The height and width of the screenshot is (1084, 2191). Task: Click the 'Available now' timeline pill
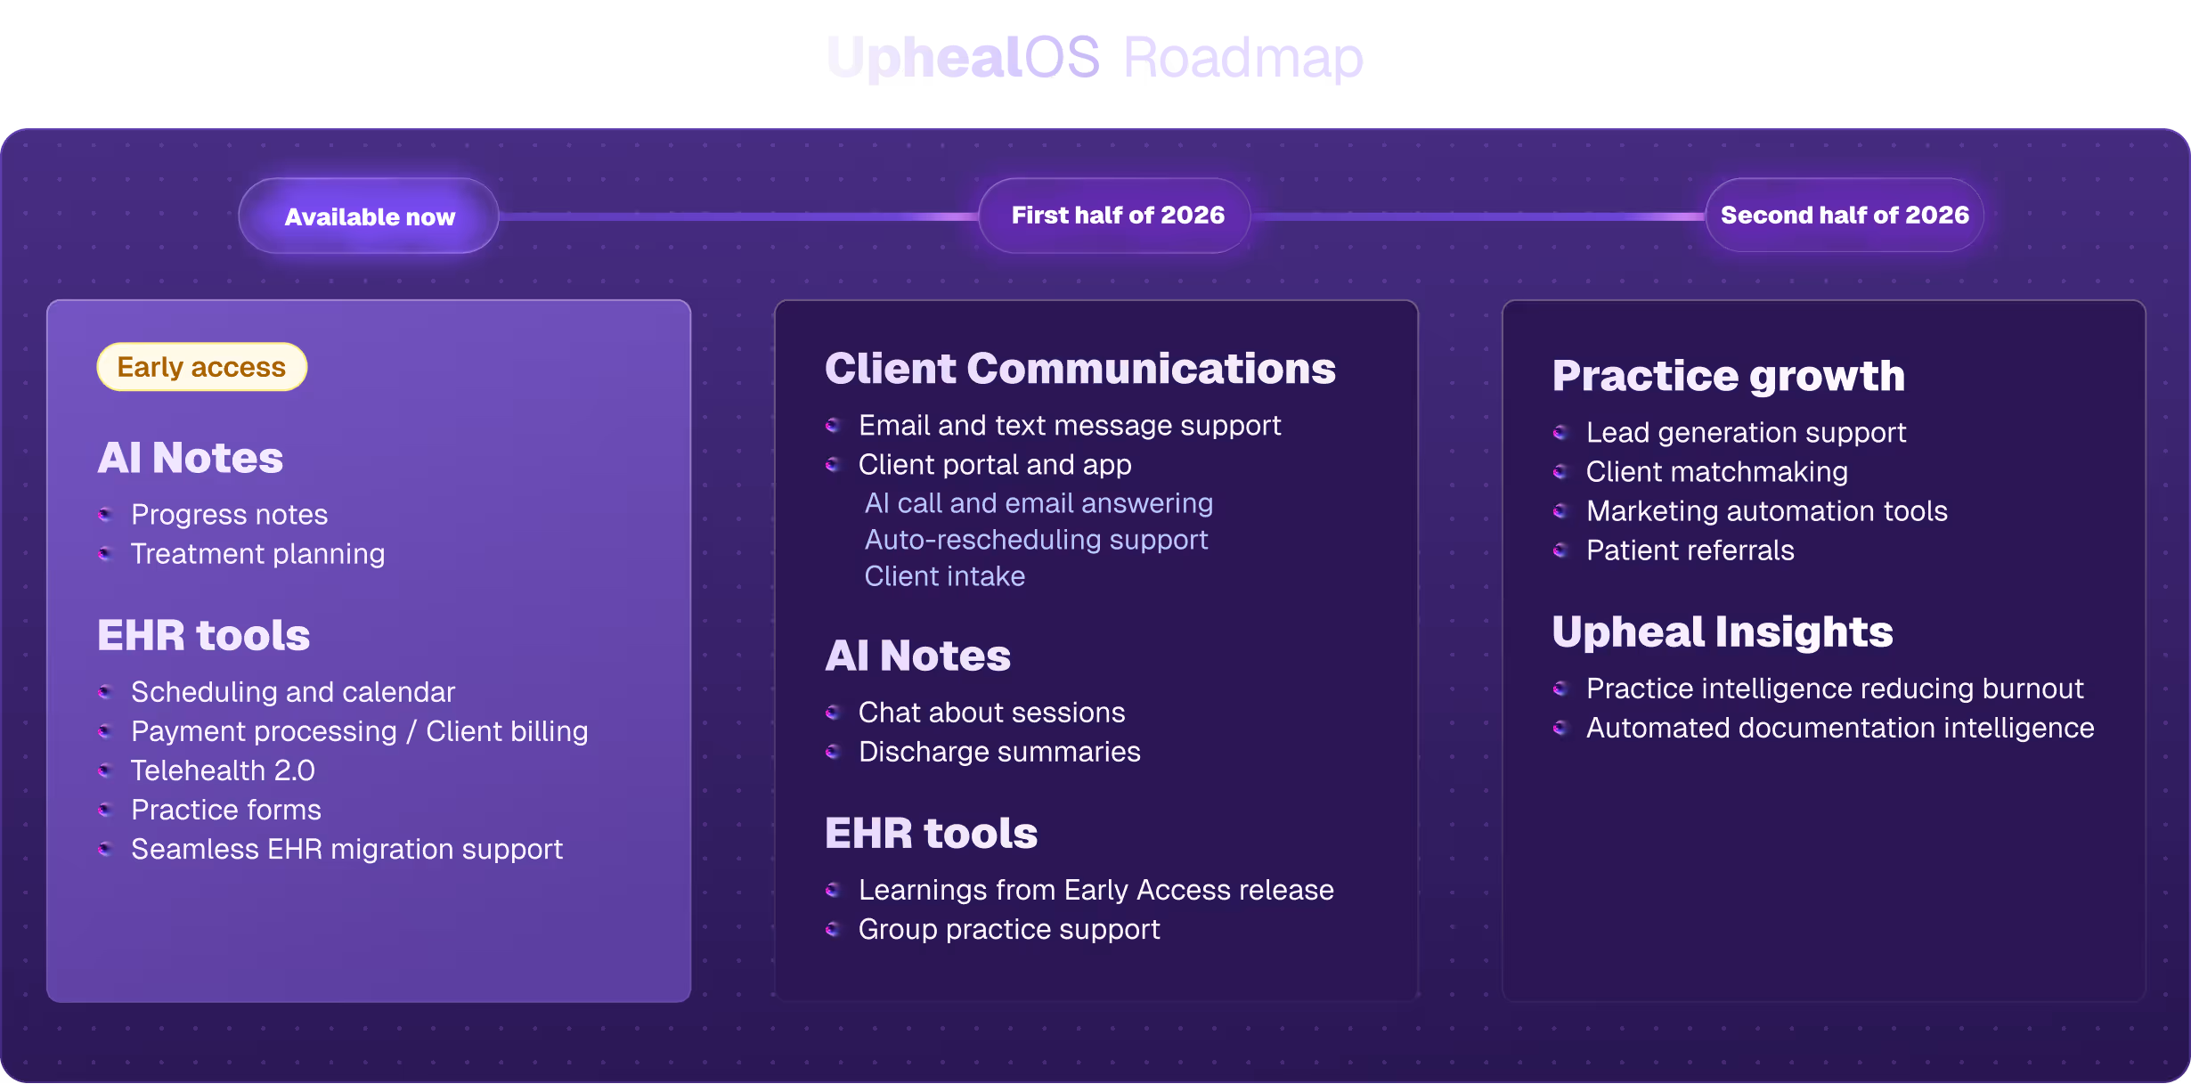pos(369,216)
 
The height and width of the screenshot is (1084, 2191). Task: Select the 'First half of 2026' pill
pos(1117,216)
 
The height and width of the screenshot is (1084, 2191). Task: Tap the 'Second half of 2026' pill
pos(1844,216)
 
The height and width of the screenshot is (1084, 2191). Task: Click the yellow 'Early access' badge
pos(202,367)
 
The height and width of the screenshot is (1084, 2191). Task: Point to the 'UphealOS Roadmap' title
pos(1095,58)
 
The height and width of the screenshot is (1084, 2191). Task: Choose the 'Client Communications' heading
pos(1079,369)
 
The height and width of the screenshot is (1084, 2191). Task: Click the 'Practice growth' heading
pos(1728,376)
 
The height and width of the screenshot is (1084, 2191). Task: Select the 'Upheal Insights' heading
pos(1722,632)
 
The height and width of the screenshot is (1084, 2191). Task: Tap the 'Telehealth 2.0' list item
pos(223,770)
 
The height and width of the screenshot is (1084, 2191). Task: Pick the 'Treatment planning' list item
pos(257,554)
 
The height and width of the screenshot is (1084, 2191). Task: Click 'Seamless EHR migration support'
pos(346,850)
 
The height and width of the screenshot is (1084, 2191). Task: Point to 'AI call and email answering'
pos(1038,503)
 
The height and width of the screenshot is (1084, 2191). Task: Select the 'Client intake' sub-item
pos(944,576)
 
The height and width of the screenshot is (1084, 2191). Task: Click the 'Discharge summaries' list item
pos(999,752)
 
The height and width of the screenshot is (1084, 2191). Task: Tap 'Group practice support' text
pos(1009,930)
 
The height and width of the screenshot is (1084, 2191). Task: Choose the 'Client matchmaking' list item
pos(1716,472)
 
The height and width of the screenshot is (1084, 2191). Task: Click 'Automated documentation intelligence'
pos(1840,729)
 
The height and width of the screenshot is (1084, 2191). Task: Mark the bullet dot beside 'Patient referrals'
pos(1560,550)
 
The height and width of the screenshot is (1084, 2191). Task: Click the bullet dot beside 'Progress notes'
pos(105,514)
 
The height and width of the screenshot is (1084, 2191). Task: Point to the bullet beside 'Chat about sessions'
pos(833,713)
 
